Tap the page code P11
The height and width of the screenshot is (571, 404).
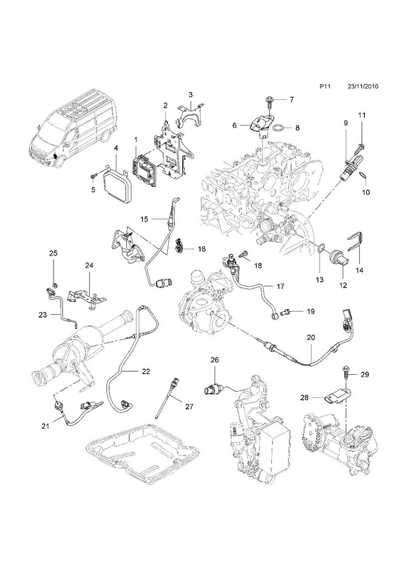pos(325,86)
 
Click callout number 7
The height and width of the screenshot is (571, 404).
pos(291,99)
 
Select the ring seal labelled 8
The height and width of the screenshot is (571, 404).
pos(278,128)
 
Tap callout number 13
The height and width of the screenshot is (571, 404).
pos(320,280)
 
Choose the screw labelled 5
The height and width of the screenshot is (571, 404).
pos(94,176)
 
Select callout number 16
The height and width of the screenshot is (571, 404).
pos(202,249)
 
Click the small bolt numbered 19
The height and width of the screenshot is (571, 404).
pos(287,312)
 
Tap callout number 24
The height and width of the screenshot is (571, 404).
pos(89,266)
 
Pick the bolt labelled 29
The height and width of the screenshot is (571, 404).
pos(345,372)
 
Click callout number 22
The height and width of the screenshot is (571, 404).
pos(146,371)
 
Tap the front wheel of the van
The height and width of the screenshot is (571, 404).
pos(59,159)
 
